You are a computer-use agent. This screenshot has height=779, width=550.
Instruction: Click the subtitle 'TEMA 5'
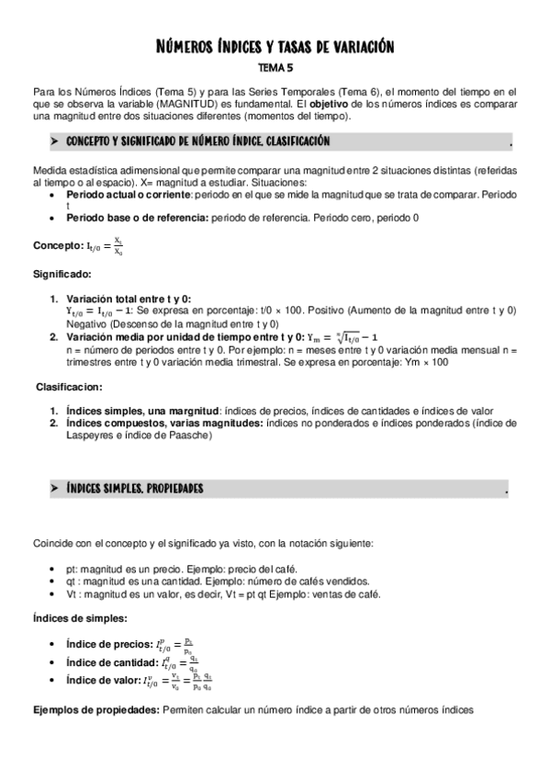click(275, 67)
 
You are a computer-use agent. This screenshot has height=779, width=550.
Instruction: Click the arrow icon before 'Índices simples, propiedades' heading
click(54, 489)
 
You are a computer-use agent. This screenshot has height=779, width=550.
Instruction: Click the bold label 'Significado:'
click(62, 274)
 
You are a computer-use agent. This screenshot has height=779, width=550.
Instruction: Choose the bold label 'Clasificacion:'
click(70, 387)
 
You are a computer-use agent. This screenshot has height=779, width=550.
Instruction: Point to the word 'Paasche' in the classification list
click(189, 435)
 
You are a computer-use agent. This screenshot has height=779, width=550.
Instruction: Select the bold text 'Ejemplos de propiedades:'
click(95, 710)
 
